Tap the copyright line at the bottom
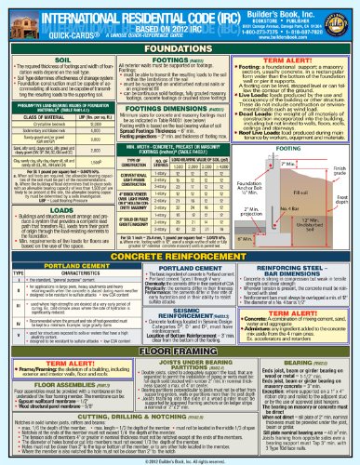180,459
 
